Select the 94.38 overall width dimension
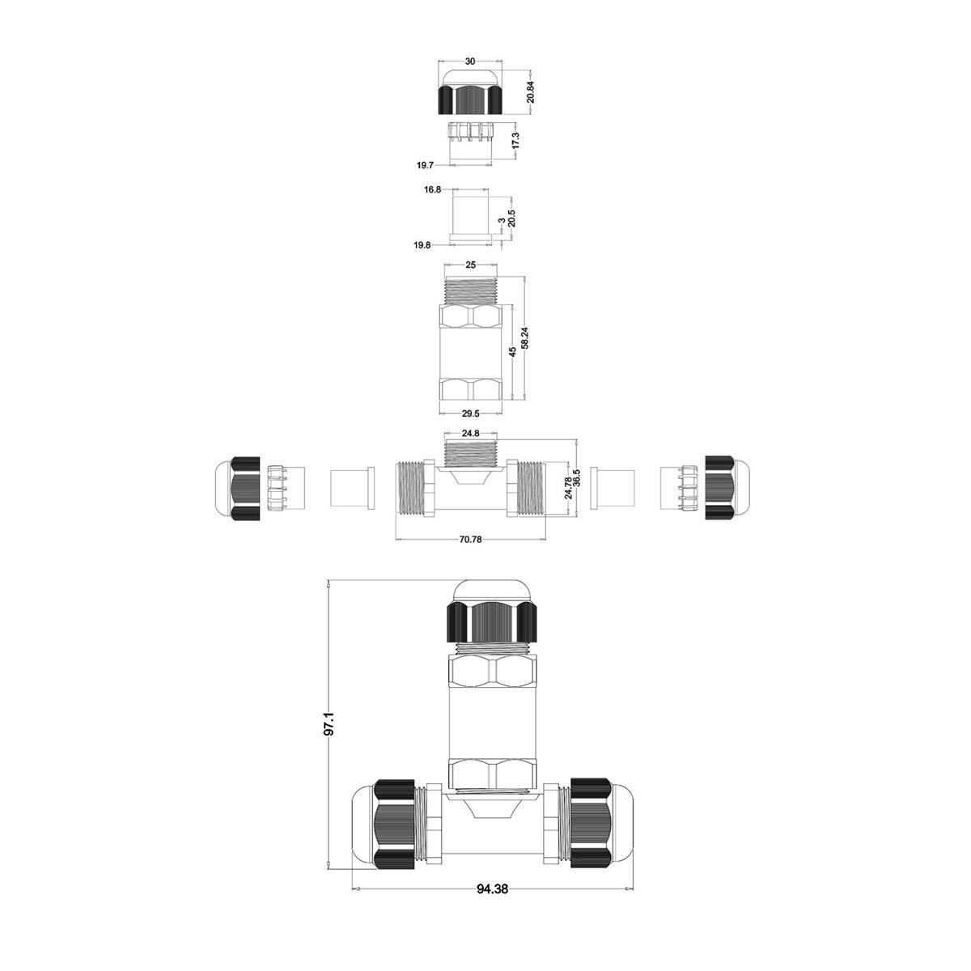coord(492,889)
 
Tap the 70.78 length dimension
coord(470,540)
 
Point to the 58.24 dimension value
coord(525,337)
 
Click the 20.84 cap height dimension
coord(530,91)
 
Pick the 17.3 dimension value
coord(515,141)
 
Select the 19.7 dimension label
coord(425,165)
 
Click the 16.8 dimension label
coord(432,189)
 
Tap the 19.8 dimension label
coord(422,245)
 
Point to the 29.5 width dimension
coord(470,413)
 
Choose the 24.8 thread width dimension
coord(470,434)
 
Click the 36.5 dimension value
coord(577,477)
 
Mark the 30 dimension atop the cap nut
coord(469,61)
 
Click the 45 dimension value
coord(512,352)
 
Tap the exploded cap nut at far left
coord(237,489)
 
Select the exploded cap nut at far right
coord(727,488)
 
